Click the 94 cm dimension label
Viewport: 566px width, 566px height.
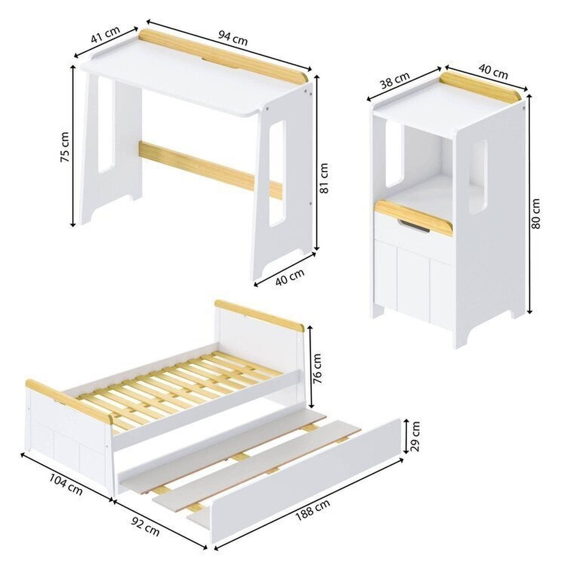pos(233,38)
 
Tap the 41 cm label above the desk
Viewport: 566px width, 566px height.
pos(105,34)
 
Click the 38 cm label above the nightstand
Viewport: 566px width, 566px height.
pos(395,81)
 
